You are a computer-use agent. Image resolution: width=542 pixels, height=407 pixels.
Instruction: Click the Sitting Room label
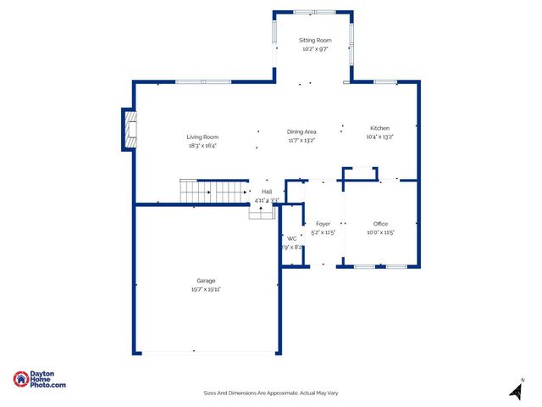point(315,40)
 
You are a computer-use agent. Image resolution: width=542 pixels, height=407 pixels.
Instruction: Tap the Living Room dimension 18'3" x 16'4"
point(202,145)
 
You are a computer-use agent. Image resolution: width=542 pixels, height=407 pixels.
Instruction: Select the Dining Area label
point(301,131)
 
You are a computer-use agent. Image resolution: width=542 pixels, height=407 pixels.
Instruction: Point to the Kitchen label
point(379,128)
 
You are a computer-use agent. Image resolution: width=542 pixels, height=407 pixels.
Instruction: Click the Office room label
point(380,224)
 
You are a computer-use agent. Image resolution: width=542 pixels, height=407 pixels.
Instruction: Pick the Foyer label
point(323,224)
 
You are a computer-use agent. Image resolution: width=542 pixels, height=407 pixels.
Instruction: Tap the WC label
point(291,238)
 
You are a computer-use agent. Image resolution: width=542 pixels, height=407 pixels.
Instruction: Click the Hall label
point(267,192)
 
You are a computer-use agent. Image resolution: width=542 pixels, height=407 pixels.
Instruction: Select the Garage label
point(206,281)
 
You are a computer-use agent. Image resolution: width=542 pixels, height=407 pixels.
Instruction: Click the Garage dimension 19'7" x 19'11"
point(206,289)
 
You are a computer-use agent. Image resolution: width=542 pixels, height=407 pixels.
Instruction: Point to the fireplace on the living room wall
point(129,130)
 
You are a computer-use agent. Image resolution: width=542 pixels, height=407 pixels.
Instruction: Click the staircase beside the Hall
point(213,192)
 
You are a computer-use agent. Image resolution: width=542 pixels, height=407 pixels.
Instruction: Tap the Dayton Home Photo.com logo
point(39,380)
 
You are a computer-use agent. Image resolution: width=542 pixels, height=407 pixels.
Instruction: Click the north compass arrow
point(515,391)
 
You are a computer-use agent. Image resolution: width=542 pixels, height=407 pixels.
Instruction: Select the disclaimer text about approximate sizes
point(271,393)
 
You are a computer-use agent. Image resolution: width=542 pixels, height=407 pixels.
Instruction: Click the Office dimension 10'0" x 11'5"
point(380,232)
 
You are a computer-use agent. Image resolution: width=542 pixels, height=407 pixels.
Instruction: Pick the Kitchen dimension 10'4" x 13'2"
point(379,137)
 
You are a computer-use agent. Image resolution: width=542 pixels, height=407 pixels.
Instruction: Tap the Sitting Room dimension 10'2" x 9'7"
point(315,49)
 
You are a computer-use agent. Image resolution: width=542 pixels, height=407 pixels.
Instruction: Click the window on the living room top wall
point(203,82)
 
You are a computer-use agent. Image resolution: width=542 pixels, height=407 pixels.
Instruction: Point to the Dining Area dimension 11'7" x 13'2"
point(301,141)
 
